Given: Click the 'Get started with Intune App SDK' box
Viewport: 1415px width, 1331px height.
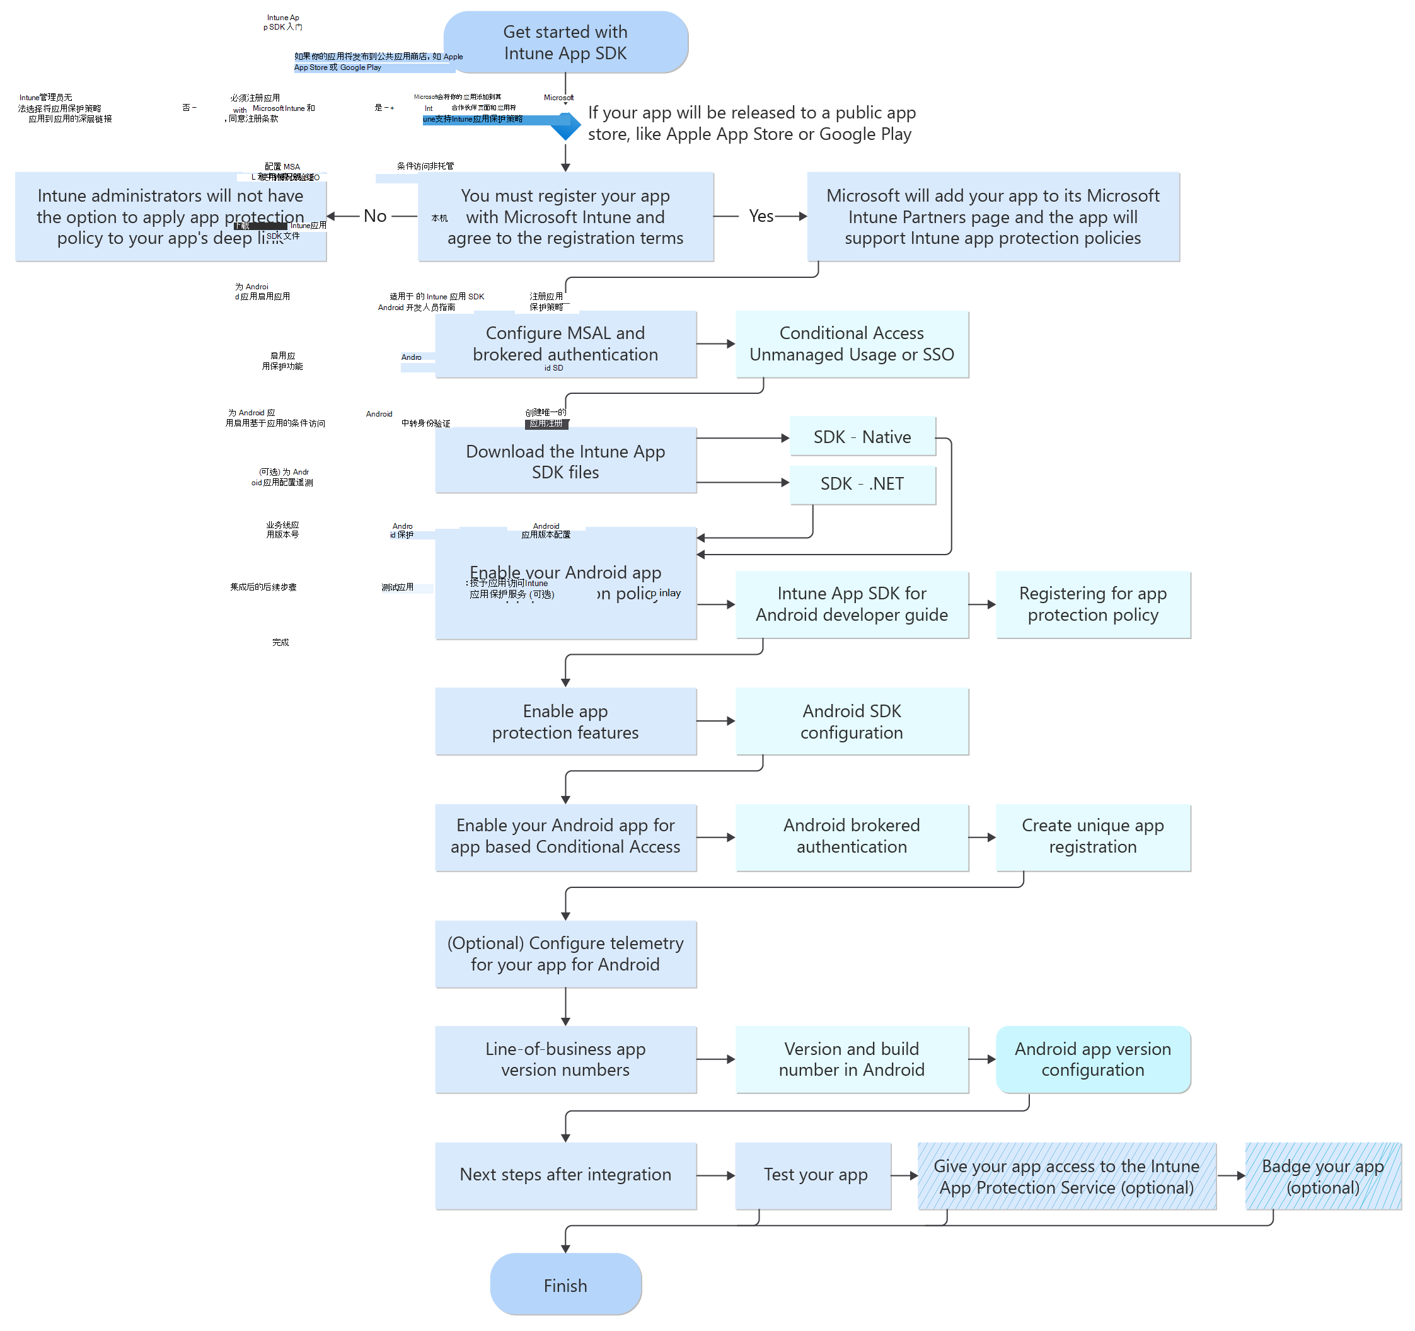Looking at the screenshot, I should pyautogui.click(x=565, y=42).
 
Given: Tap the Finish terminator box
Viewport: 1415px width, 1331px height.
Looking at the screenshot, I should pyautogui.click(x=565, y=1285).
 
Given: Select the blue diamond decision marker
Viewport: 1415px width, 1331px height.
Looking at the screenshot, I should pyautogui.click(x=565, y=125).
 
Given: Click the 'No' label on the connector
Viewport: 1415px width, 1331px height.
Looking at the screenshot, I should pyautogui.click(x=375, y=216).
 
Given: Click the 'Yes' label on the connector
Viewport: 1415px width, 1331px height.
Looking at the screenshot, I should pyautogui.click(x=761, y=216).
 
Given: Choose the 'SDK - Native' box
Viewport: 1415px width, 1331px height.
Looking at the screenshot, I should pyautogui.click(x=862, y=437).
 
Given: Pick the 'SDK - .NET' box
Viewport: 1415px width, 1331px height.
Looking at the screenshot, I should pyautogui.click(x=862, y=484).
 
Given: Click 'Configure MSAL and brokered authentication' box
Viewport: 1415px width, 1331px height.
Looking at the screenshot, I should pyautogui.click(x=565, y=344).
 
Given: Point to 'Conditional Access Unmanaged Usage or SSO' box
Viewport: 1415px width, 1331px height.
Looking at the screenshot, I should pyautogui.click(x=852, y=344).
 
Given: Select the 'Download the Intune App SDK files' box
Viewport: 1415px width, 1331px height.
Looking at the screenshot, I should pyautogui.click(x=565, y=461).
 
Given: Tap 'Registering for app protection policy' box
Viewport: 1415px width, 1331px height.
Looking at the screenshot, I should pyautogui.click(x=1092, y=604).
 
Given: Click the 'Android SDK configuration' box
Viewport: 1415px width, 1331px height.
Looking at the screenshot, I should pyautogui.click(x=852, y=722).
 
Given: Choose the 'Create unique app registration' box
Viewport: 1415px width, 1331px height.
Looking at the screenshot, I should pyautogui.click(x=1092, y=836).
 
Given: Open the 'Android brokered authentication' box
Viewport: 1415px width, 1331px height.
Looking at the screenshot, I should pyautogui.click(x=852, y=836).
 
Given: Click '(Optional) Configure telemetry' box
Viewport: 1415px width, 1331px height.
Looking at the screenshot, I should pyautogui.click(x=565, y=954).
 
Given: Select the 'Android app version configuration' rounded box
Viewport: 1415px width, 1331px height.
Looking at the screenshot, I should pyautogui.click(x=1092, y=1059).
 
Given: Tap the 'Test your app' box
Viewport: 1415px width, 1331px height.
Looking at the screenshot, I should pyautogui.click(x=815, y=1175).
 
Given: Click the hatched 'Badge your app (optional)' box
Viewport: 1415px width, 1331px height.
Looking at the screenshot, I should pyautogui.click(x=1322, y=1177).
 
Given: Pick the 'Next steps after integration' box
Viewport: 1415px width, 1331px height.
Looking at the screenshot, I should pyautogui.click(x=565, y=1175).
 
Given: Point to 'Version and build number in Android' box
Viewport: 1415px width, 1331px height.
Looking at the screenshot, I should pyautogui.click(x=852, y=1059).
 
